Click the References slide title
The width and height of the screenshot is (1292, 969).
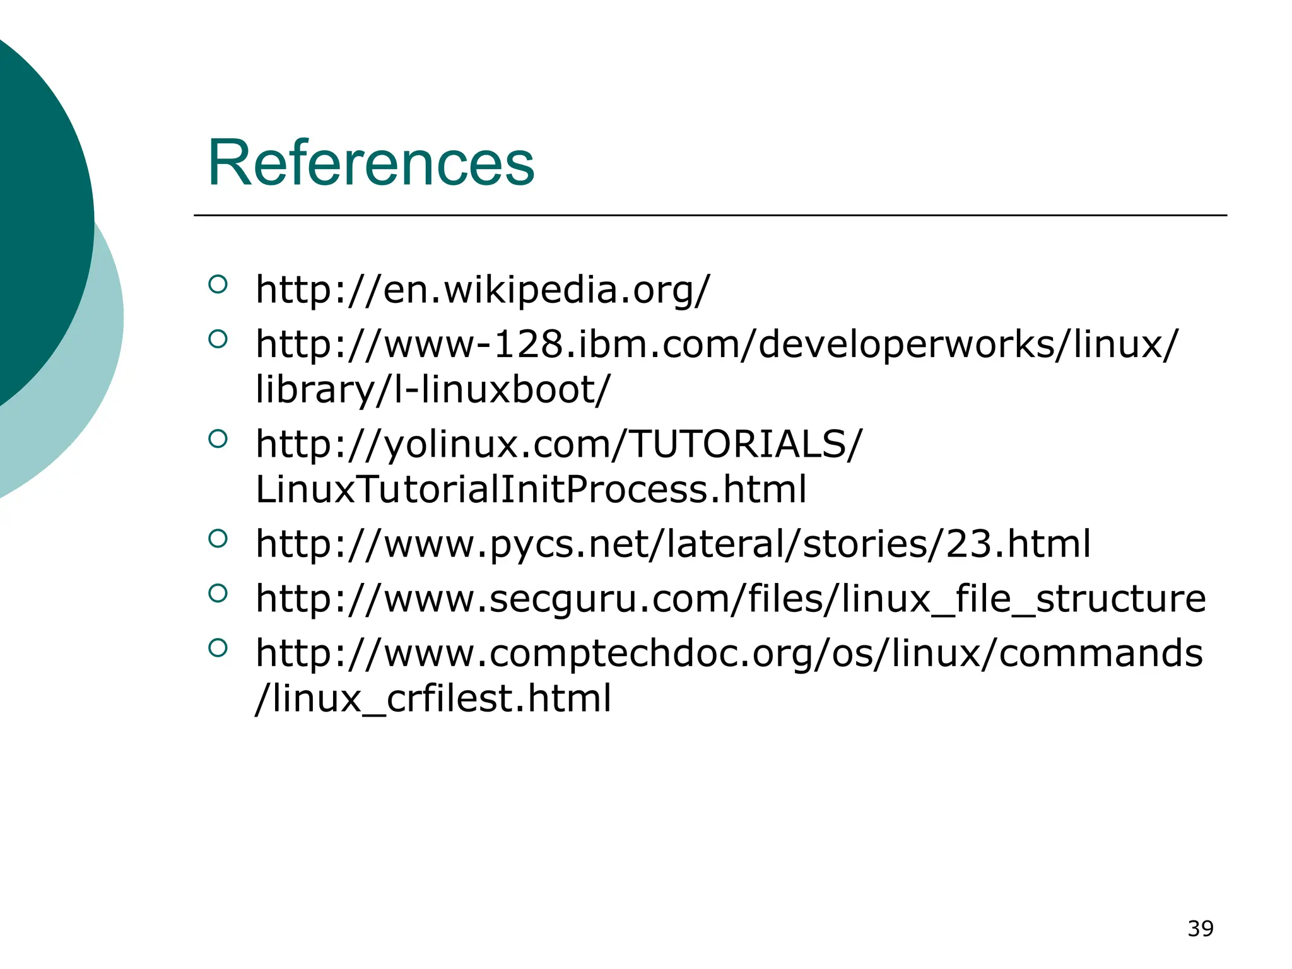371,163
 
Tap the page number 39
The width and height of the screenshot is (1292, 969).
1200,929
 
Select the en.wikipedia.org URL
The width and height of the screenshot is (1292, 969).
483,290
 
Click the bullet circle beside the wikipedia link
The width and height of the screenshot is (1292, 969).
217,285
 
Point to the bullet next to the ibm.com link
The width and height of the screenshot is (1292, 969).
217,339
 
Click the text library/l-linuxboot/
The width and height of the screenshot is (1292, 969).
433,390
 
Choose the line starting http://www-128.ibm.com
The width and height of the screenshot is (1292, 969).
716,344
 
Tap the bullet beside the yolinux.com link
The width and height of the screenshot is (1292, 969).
217,439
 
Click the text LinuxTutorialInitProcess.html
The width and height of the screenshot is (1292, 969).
531,490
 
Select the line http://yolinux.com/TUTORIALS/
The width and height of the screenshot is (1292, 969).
558,444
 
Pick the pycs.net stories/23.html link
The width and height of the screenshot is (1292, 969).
673,544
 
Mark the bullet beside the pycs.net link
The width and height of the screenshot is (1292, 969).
217,539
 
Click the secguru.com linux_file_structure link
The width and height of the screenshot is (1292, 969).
731,599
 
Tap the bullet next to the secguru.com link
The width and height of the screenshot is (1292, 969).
217,593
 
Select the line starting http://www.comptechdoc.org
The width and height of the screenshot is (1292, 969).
729,653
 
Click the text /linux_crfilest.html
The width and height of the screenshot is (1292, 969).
433,698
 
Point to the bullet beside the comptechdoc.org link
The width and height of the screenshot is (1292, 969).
217,648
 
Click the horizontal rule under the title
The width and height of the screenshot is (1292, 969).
710,215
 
